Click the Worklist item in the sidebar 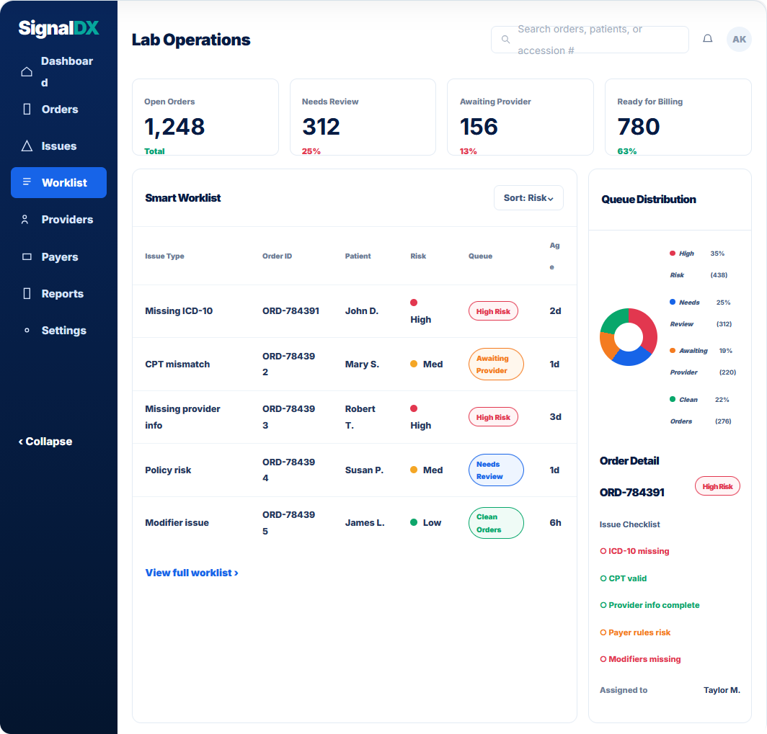pyautogui.click(x=58, y=183)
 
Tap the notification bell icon pyautogui.click(x=707, y=39)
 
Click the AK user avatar pyautogui.click(x=739, y=39)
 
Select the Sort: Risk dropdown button pyautogui.click(x=528, y=198)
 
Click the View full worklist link pyautogui.click(x=192, y=573)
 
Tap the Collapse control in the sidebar pyautogui.click(x=45, y=442)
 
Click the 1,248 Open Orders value pyautogui.click(x=174, y=127)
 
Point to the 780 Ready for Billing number pyautogui.click(x=639, y=127)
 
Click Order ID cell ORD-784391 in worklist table pyautogui.click(x=291, y=310)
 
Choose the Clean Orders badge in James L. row pyautogui.click(x=496, y=523)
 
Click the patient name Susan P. pyautogui.click(x=364, y=470)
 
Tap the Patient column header pyautogui.click(x=358, y=256)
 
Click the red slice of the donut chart pyautogui.click(x=644, y=328)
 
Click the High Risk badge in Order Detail pyautogui.click(x=717, y=486)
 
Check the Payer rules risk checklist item pyautogui.click(x=635, y=632)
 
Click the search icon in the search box pyautogui.click(x=506, y=39)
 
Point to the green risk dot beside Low pyautogui.click(x=414, y=522)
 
